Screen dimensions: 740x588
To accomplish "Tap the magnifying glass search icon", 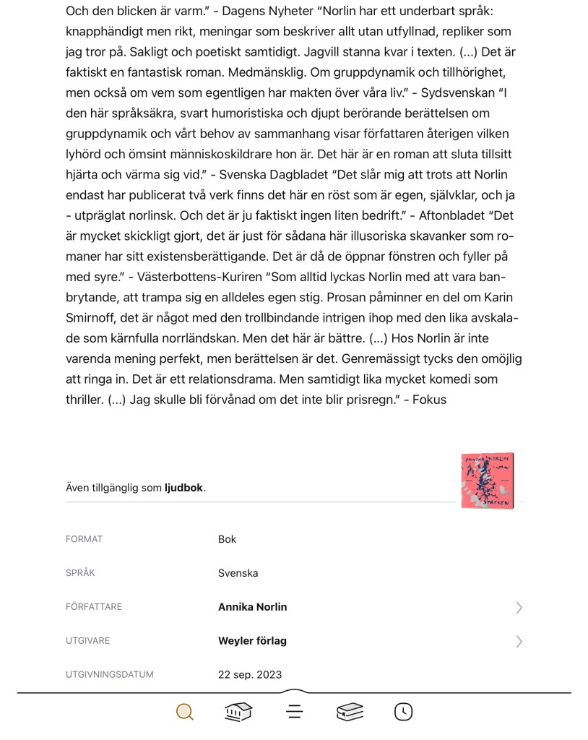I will (185, 712).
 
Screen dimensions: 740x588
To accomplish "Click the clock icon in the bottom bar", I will (403, 712).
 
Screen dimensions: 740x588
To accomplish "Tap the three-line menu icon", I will (294, 712).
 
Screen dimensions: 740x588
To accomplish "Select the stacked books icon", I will (350, 712).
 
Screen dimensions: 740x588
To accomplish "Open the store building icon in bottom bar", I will (238, 712).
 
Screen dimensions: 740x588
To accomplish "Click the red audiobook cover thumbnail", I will (488, 481).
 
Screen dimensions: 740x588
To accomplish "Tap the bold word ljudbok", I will (183, 488).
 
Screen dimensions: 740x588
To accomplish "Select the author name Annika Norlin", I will (252, 607).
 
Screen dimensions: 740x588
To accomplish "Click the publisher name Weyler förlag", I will (252, 641).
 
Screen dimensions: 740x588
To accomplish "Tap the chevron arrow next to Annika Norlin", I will (519, 608).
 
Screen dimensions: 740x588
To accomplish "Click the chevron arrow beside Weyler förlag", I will (519, 641).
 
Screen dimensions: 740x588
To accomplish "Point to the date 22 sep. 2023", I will (250, 675).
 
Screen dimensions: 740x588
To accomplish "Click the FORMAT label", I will (84, 539).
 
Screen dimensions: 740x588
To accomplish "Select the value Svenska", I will (238, 573).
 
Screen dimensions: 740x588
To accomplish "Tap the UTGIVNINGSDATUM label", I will (109, 675).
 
